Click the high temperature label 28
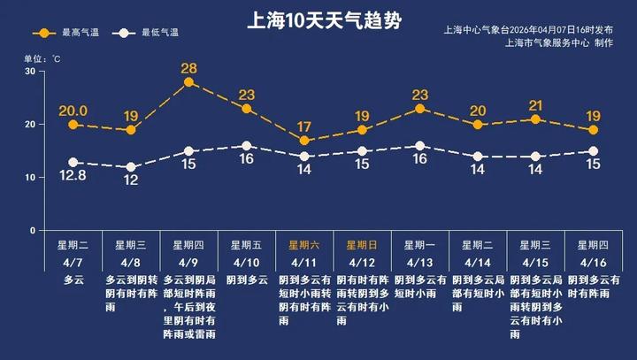click(188, 68)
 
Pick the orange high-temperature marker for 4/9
click(188, 82)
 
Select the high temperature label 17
click(304, 126)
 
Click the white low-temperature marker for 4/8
click(131, 167)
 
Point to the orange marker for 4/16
click(593, 130)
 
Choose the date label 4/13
click(419, 263)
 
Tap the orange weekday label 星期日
click(362, 245)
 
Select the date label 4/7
click(73, 263)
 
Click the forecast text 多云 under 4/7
click(73, 280)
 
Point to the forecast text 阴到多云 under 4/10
click(247, 280)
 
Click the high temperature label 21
click(534, 105)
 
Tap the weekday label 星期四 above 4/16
click(593, 245)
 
